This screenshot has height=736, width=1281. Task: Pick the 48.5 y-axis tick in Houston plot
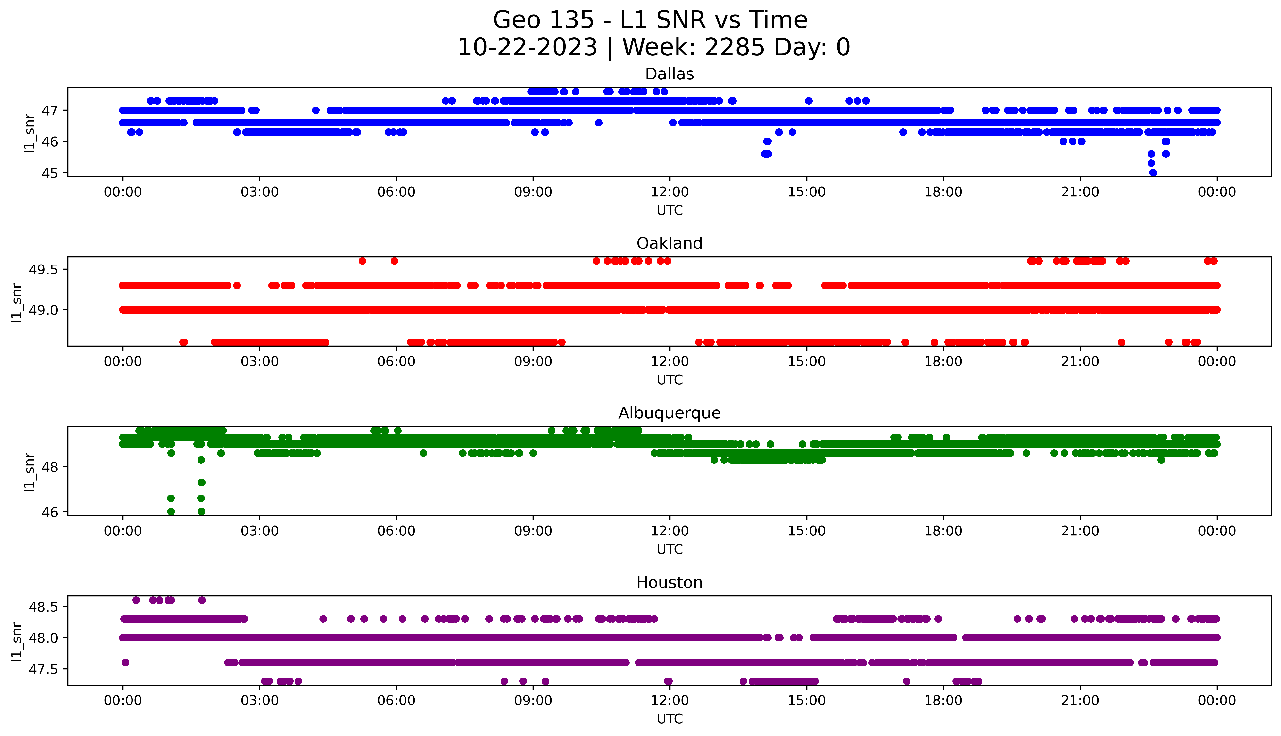pos(43,607)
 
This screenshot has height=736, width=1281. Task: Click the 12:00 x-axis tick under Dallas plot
pos(669,192)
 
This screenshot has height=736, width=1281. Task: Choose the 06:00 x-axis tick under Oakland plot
pos(396,361)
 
